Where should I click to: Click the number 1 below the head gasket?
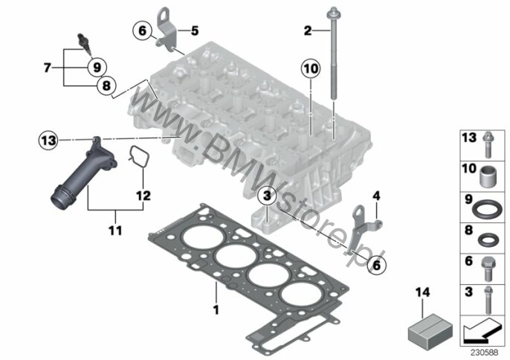coord(216,309)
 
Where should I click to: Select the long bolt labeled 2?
coord(334,53)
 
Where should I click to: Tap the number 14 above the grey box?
coord(422,292)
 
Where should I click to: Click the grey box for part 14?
coord(430,330)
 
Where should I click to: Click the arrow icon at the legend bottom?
coord(481,331)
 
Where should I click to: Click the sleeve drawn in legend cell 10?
coord(488,177)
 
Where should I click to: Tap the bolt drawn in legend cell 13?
coord(488,144)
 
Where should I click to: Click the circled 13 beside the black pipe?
coord(48,141)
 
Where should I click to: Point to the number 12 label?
coord(143,196)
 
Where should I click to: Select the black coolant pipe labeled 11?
coord(84,173)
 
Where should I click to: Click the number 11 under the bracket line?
coord(115,231)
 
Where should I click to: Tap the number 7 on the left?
coord(48,68)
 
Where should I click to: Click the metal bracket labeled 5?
coord(167,30)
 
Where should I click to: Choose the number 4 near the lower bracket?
coord(376,196)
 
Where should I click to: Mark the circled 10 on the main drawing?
coord(311,68)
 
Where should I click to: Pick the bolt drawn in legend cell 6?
coord(487,269)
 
